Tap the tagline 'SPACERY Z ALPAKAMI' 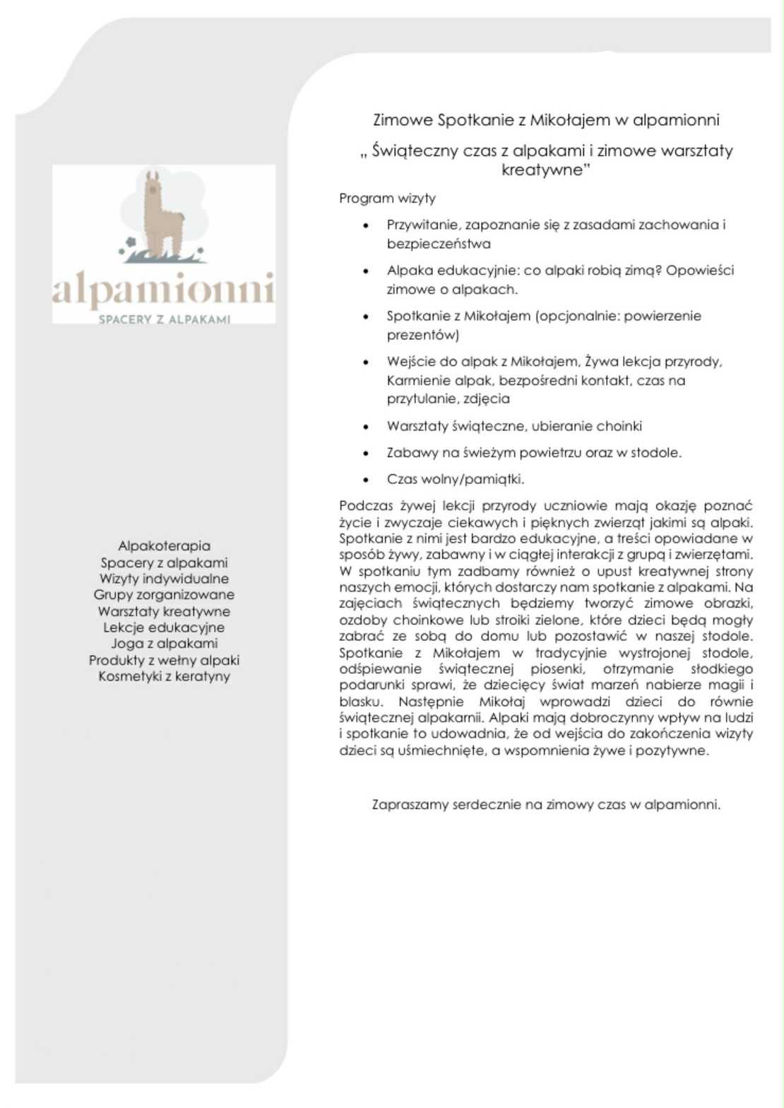(165, 319)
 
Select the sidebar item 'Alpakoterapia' (164, 546)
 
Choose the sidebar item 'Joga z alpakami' (164, 643)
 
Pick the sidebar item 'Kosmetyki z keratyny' (164, 676)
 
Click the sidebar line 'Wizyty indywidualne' (164, 579)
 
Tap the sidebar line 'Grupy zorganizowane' (164, 595)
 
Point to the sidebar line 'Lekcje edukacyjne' (164, 627)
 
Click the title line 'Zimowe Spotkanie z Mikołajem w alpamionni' (546, 120)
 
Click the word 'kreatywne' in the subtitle (541, 170)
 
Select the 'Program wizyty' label (387, 199)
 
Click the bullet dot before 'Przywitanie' (365, 226)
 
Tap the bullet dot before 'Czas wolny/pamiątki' (365, 480)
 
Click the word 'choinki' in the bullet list (619, 426)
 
